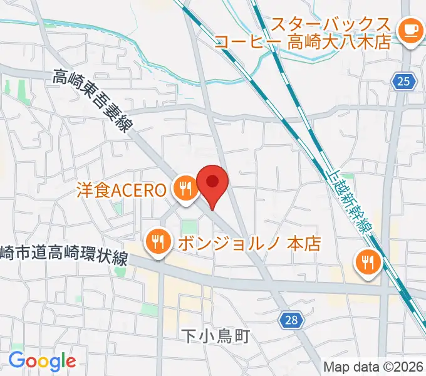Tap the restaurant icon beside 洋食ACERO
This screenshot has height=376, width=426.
click(184, 189)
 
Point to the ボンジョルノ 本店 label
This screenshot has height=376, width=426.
click(249, 243)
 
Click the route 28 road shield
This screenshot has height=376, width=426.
click(290, 320)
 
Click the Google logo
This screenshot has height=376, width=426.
click(42, 361)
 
